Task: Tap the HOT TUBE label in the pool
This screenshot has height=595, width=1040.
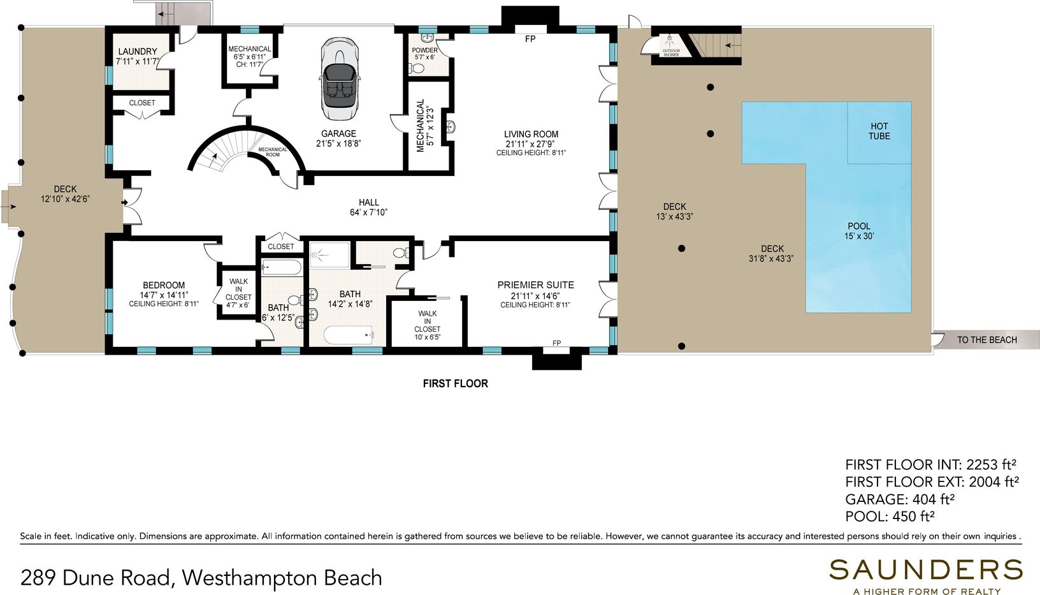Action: pos(879,131)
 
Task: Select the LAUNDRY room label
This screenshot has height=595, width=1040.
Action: pos(138,52)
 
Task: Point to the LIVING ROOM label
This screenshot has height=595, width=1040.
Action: pos(531,134)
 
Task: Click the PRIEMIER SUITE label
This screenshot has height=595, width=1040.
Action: pos(535,284)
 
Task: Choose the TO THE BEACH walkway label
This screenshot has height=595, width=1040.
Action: pos(986,340)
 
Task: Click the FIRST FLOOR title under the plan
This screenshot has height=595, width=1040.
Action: pos(456,384)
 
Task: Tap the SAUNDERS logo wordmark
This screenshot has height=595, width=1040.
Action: pos(926,570)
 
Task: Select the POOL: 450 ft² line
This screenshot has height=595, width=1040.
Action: pos(890,516)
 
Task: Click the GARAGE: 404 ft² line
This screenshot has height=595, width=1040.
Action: pos(900,499)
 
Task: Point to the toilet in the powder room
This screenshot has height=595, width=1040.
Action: pos(417,69)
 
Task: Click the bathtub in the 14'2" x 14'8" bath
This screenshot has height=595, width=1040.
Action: pos(349,335)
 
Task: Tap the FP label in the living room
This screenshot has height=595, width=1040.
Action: pos(530,40)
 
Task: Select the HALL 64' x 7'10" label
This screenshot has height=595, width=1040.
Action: pos(368,208)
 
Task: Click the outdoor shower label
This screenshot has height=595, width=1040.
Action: pos(671,52)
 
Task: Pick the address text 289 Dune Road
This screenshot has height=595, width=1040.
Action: pos(95,578)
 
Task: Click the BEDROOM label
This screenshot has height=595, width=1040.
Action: pos(163,285)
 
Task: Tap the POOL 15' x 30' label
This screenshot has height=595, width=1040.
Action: pos(859,231)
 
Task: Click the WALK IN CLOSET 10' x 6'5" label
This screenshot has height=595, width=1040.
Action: pos(427,325)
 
